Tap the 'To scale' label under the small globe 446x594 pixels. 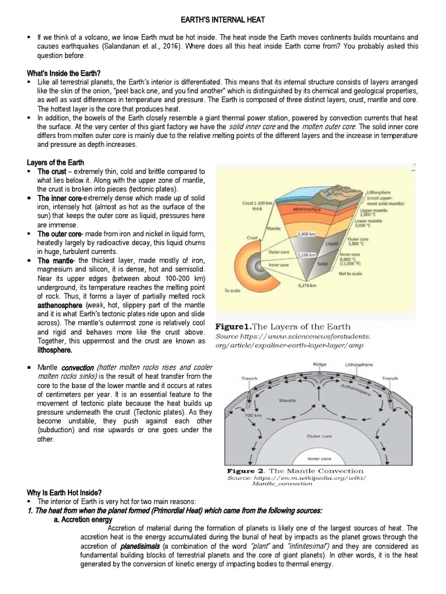233,291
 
